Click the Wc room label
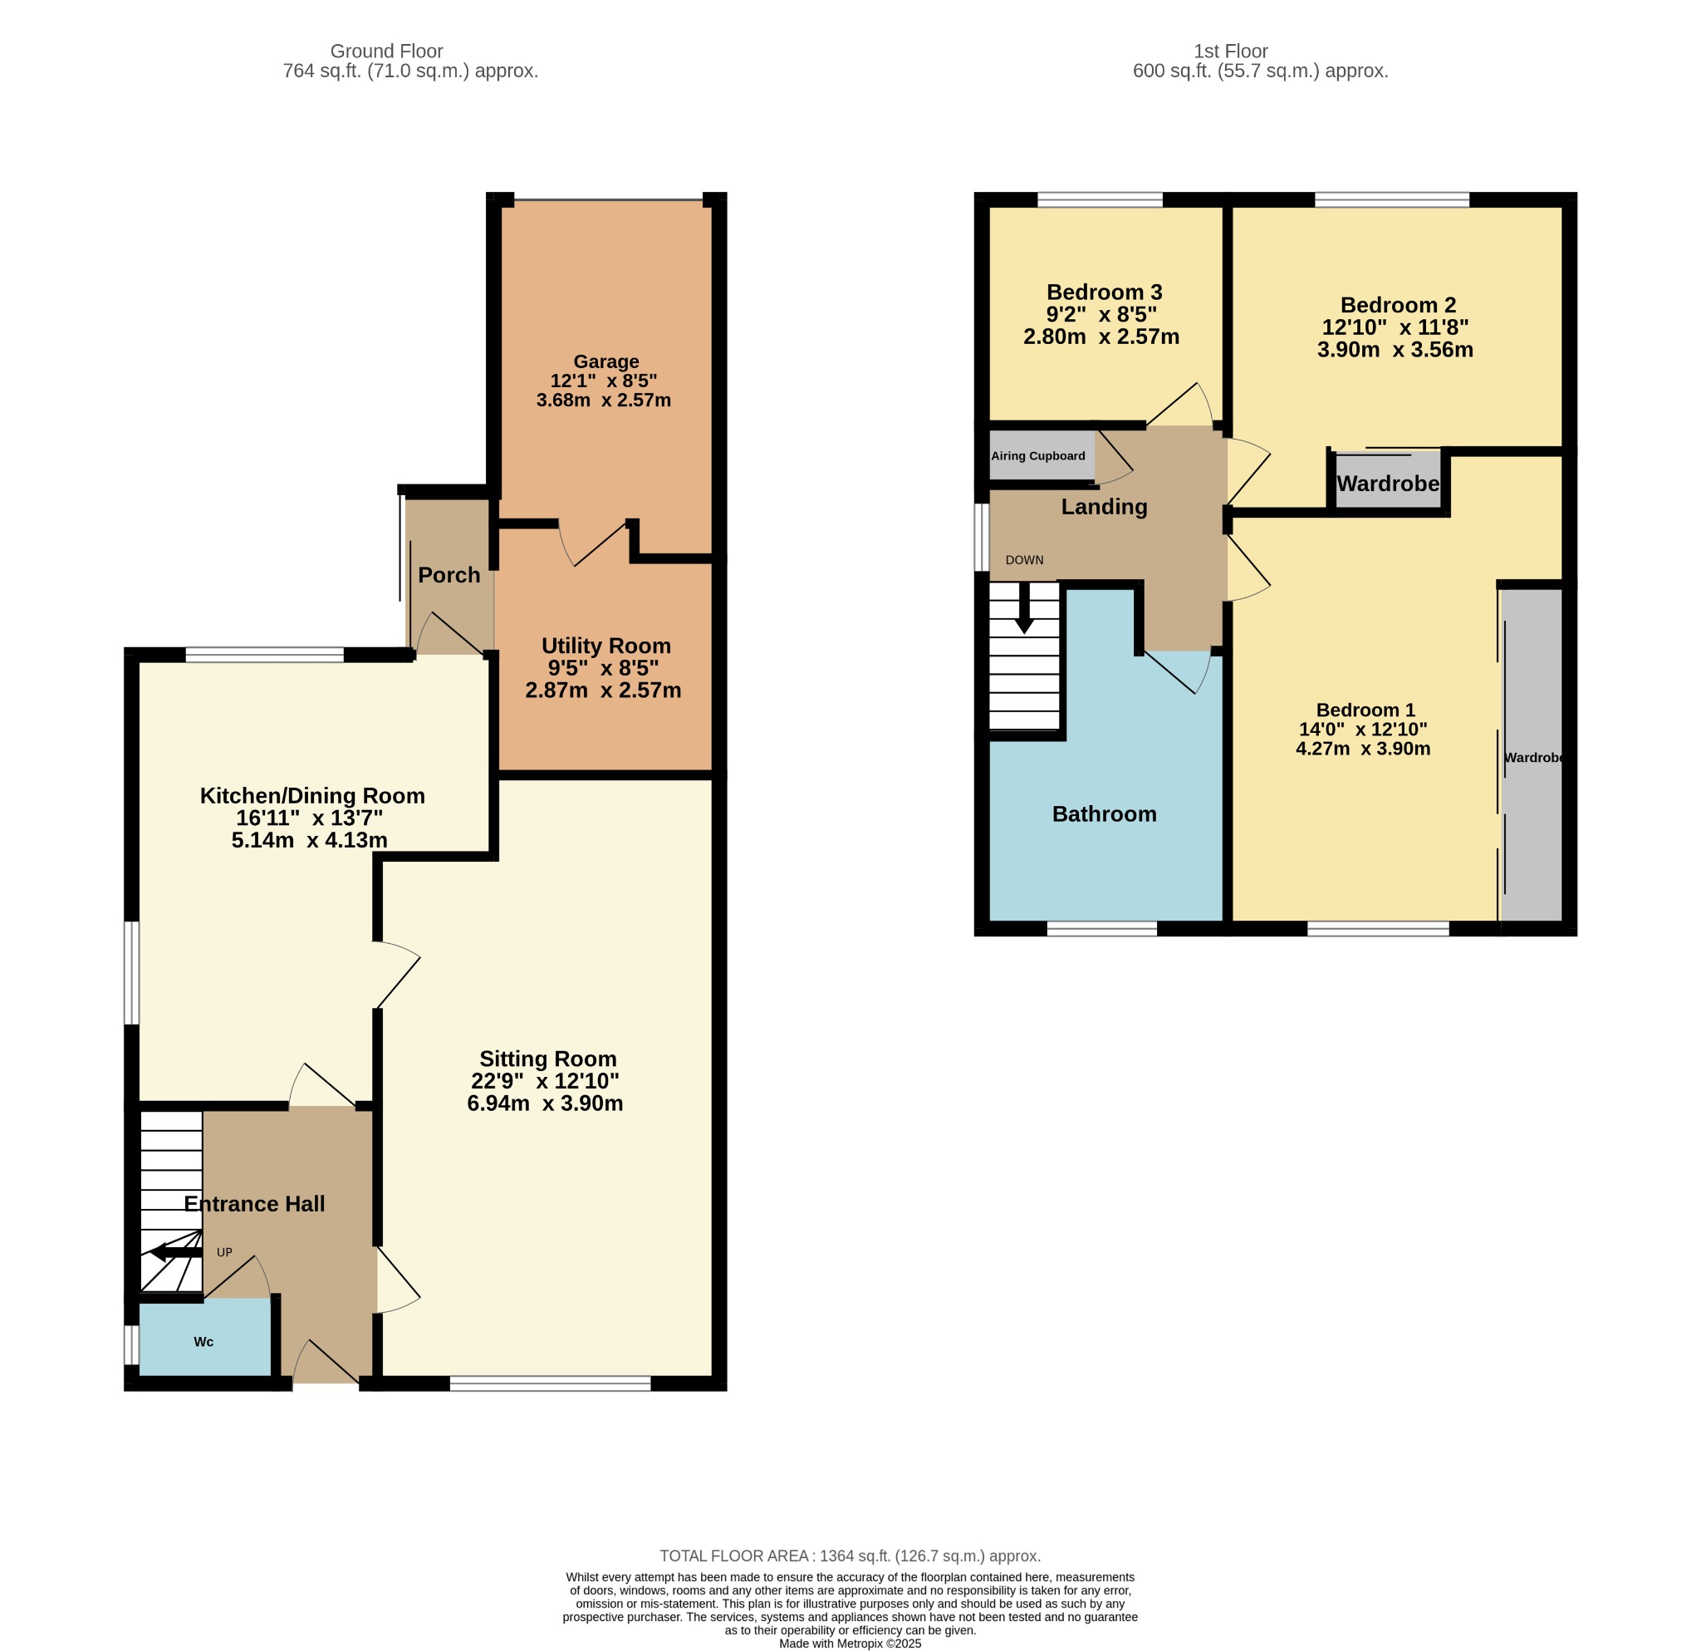pyautogui.click(x=203, y=1342)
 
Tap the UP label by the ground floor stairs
pyautogui.click(x=224, y=1252)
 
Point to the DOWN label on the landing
pyautogui.click(x=1024, y=560)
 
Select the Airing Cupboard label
pyautogui.click(x=1038, y=455)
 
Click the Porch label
pyautogui.click(x=449, y=575)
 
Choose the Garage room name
pyautogui.click(x=605, y=361)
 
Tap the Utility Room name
pyautogui.click(x=605, y=646)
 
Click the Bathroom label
pyautogui.click(x=1104, y=814)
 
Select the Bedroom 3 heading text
pyautogui.click(x=1104, y=292)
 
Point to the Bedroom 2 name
pyautogui.click(x=1398, y=305)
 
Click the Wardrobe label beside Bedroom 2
pyautogui.click(x=1388, y=484)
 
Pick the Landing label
pyautogui.click(x=1104, y=507)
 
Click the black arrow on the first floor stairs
pyautogui.click(x=1024, y=607)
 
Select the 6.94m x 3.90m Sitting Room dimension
pyautogui.click(x=545, y=1103)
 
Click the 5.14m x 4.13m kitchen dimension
pyautogui.click(x=309, y=839)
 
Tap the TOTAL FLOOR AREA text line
pyautogui.click(x=850, y=1556)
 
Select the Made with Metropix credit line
pyautogui.click(x=850, y=1644)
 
